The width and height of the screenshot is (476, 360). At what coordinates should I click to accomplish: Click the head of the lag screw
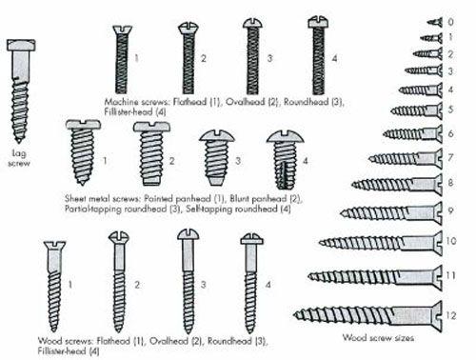pyautogui.click(x=21, y=45)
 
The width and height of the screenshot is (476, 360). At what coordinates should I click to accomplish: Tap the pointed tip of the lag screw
pyautogui.click(x=19, y=142)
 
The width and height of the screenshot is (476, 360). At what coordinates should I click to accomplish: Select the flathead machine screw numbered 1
pyautogui.click(x=122, y=60)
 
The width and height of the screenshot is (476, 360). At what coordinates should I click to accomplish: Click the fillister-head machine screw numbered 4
pyautogui.click(x=318, y=56)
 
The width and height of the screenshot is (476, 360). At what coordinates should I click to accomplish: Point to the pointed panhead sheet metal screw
pyautogui.click(x=83, y=152)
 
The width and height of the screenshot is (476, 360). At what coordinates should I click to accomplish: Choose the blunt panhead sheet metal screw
pyautogui.click(x=151, y=153)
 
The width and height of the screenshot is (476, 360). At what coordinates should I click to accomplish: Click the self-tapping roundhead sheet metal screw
pyautogui.click(x=285, y=160)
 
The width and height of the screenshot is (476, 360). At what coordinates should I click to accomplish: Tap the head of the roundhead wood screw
pyautogui.click(x=188, y=234)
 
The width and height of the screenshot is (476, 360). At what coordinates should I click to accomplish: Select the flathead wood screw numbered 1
pyautogui.click(x=54, y=287)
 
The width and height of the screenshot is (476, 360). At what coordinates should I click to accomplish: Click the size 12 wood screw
pyautogui.click(x=367, y=316)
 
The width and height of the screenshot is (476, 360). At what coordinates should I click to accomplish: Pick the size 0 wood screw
pyautogui.click(x=435, y=22)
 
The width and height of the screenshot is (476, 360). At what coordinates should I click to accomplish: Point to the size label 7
pyautogui.click(x=450, y=157)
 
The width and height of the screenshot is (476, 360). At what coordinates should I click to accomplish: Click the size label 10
pyautogui.click(x=451, y=241)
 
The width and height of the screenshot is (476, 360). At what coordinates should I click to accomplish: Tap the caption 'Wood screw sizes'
pyautogui.click(x=378, y=338)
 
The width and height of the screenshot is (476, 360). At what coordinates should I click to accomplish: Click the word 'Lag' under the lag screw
pyautogui.click(x=18, y=153)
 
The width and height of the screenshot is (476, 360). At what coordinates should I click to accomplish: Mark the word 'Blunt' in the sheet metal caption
pyautogui.click(x=239, y=199)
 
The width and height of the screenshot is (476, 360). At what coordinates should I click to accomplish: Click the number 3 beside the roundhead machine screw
pyautogui.click(x=269, y=58)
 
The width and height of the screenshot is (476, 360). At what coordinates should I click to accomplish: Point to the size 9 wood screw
pyautogui.click(x=391, y=212)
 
